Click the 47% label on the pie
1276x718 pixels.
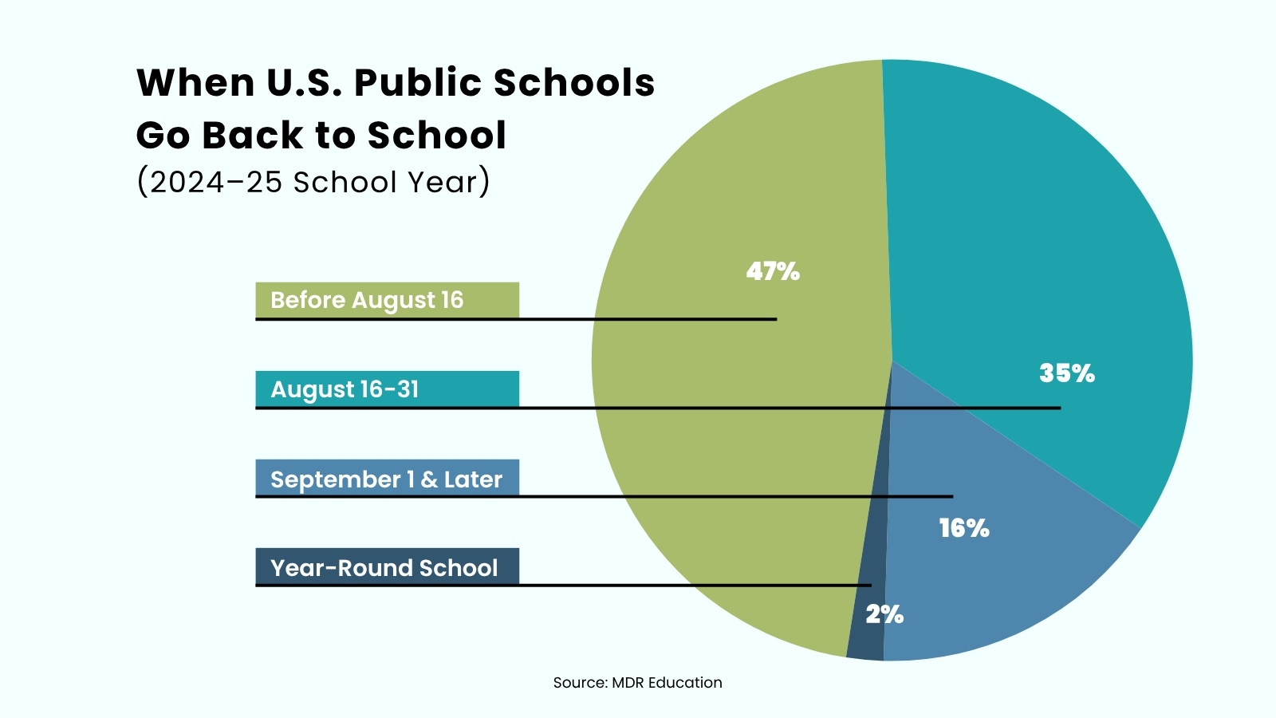click(x=772, y=271)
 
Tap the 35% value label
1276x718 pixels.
click(x=1066, y=373)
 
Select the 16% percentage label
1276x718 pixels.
click(x=963, y=527)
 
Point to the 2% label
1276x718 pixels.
click(x=884, y=613)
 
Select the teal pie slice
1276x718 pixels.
click(x=1037, y=239)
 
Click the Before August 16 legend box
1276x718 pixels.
click(x=387, y=300)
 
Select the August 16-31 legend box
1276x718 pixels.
click(x=387, y=389)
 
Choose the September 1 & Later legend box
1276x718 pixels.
click(x=387, y=479)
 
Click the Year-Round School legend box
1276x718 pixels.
click(x=387, y=567)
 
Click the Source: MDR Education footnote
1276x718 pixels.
click(x=637, y=682)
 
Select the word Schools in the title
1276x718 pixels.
click(x=573, y=83)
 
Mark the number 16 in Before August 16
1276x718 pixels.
click(x=452, y=300)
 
